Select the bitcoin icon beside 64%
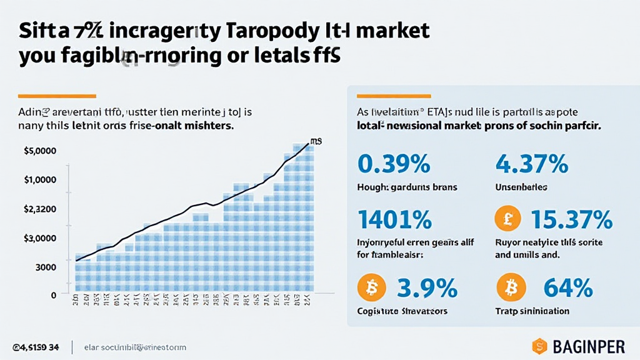coord(510,288)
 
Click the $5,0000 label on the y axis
coord(40,151)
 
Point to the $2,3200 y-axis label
coord(40,209)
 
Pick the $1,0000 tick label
coord(40,180)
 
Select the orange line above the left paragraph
coord(57,96)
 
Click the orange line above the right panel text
coord(394,96)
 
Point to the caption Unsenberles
coord(521,187)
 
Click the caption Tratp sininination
coord(531,311)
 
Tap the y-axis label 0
coord(54,295)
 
